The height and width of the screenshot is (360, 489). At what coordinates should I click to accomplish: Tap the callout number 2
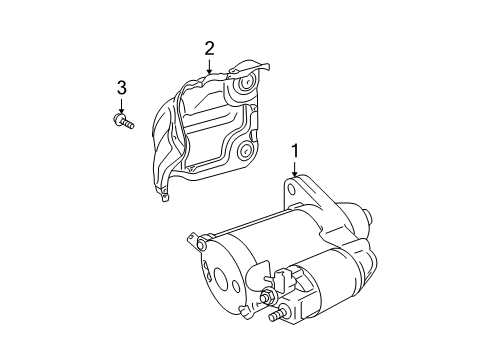(x=210, y=47)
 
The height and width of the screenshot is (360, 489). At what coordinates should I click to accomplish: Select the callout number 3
(x=121, y=87)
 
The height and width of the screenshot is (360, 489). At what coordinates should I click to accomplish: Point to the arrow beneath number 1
(x=294, y=170)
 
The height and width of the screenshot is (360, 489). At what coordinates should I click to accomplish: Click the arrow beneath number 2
(x=210, y=66)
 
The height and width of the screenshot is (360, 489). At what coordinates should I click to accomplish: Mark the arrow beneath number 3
(x=121, y=106)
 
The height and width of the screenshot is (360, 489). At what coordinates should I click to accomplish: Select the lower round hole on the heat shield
(x=243, y=153)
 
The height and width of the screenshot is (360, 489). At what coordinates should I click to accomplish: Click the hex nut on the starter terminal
(x=267, y=297)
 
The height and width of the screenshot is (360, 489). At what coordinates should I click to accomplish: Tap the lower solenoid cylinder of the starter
(x=330, y=290)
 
